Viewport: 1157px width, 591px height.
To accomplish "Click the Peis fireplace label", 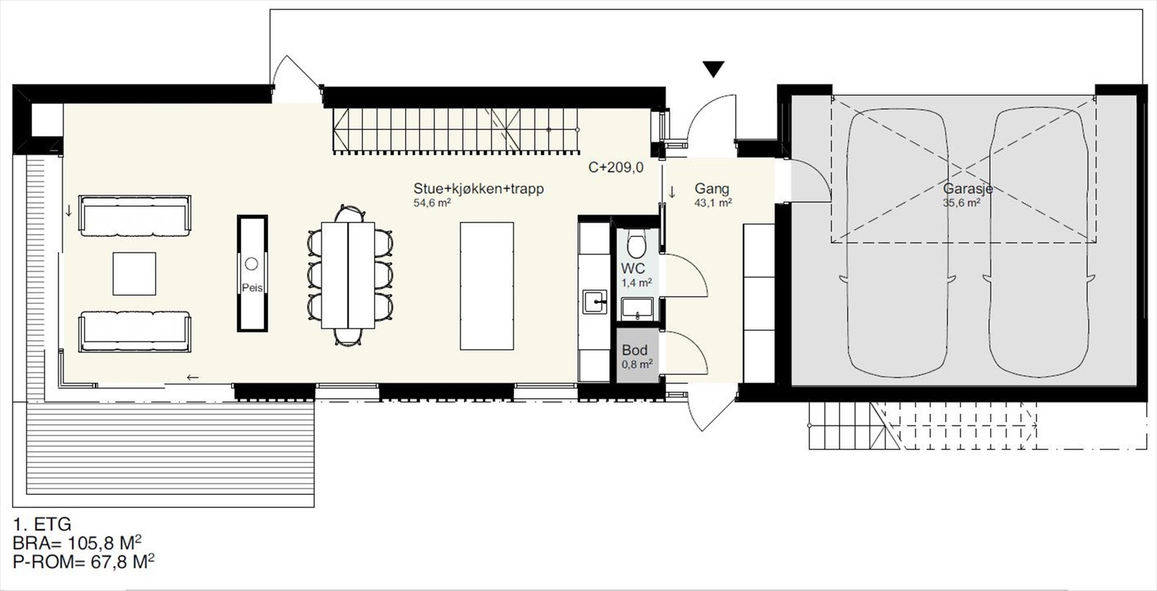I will (x=252, y=288).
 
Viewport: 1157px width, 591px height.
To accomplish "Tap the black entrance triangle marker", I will (x=714, y=69).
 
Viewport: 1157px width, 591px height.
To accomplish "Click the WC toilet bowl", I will (x=636, y=246).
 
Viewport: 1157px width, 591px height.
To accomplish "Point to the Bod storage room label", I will (x=635, y=350).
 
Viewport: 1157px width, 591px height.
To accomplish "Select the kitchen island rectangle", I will (x=487, y=286).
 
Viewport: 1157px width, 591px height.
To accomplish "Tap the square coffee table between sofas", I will (x=135, y=273).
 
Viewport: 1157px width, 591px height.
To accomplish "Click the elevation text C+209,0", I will (x=615, y=168).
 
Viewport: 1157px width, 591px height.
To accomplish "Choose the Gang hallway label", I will (x=712, y=189).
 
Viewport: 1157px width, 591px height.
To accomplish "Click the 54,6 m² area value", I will (x=432, y=203).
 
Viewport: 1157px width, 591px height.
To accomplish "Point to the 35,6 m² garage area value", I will (x=962, y=203).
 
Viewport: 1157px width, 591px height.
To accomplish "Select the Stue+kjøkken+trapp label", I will (x=478, y=189).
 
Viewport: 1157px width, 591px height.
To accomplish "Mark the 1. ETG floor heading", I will (x=42, y=525).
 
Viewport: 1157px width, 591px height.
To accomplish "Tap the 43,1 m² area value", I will (x=713, y=203).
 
